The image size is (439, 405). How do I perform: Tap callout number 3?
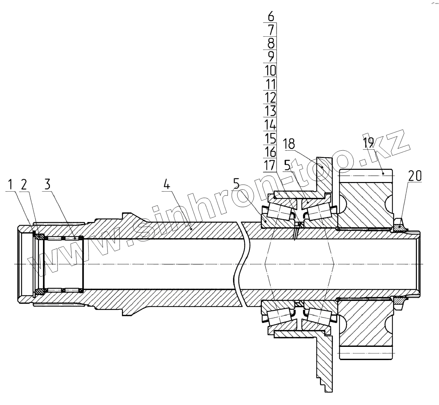[x=48, y=184]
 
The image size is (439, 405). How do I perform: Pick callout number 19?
[x=368, y=142]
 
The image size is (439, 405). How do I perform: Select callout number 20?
[x=415, y=176]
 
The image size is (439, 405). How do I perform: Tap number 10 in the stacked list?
[x=270, y=70]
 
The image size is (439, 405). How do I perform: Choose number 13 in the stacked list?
[x=270, y=111]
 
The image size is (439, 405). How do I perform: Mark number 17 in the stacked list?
[x=270, y=165]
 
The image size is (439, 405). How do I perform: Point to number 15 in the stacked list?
[x=270, y=138]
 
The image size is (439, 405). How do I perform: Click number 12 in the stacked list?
[x=270, y=97]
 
